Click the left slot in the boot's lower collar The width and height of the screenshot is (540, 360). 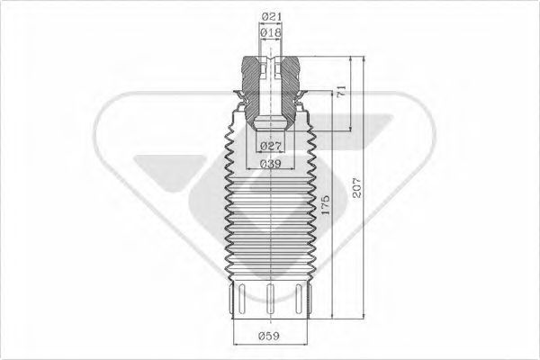(243, 297)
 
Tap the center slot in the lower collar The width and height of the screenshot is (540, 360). (270, 298)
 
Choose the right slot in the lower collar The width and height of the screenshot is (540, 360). (296, 297)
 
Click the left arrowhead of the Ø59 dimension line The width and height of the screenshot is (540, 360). (236, 346)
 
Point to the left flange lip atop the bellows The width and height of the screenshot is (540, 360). (235, 102)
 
